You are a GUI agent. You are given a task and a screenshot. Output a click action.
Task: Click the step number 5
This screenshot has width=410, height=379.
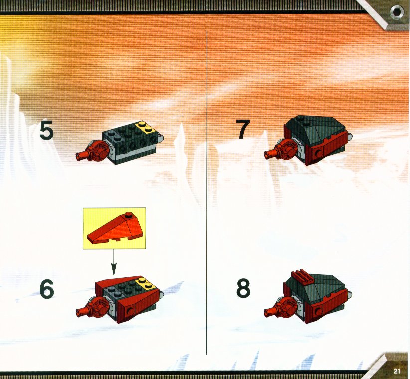47,130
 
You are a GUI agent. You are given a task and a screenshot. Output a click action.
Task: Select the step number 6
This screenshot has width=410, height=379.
47,289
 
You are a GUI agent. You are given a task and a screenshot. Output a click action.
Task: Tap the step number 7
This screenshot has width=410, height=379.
243,129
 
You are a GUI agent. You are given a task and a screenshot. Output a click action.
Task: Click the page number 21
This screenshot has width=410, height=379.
397,371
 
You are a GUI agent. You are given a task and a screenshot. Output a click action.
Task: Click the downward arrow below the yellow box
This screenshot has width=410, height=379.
114,262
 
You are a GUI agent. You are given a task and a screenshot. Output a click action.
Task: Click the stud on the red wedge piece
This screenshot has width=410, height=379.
128,215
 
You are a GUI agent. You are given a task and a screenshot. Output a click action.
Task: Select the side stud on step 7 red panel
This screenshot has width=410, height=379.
318,154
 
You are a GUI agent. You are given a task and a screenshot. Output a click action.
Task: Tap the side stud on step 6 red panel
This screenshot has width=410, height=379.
130,311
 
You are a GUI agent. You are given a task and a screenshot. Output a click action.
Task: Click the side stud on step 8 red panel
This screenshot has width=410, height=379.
318,311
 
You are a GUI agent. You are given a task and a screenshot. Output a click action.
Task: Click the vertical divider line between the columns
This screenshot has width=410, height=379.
207,193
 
